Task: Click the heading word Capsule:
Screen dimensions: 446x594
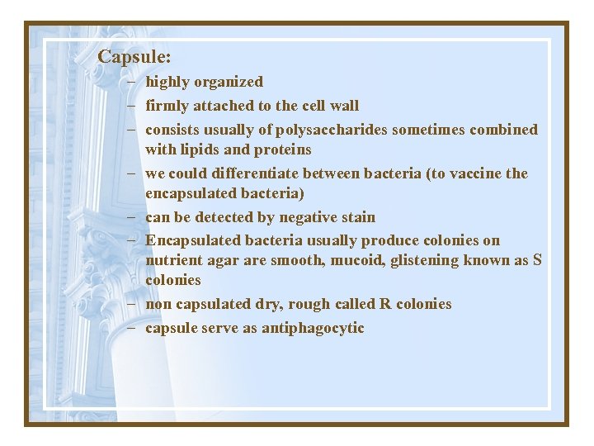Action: click(x=134, y=57)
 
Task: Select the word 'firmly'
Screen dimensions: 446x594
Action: click(x=167, y=106)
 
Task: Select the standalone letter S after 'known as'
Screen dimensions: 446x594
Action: click(x=537, y=260)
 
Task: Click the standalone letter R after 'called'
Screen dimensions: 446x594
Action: click(x=384, y=303)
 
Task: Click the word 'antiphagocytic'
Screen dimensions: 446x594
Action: click(x=313, y=328)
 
